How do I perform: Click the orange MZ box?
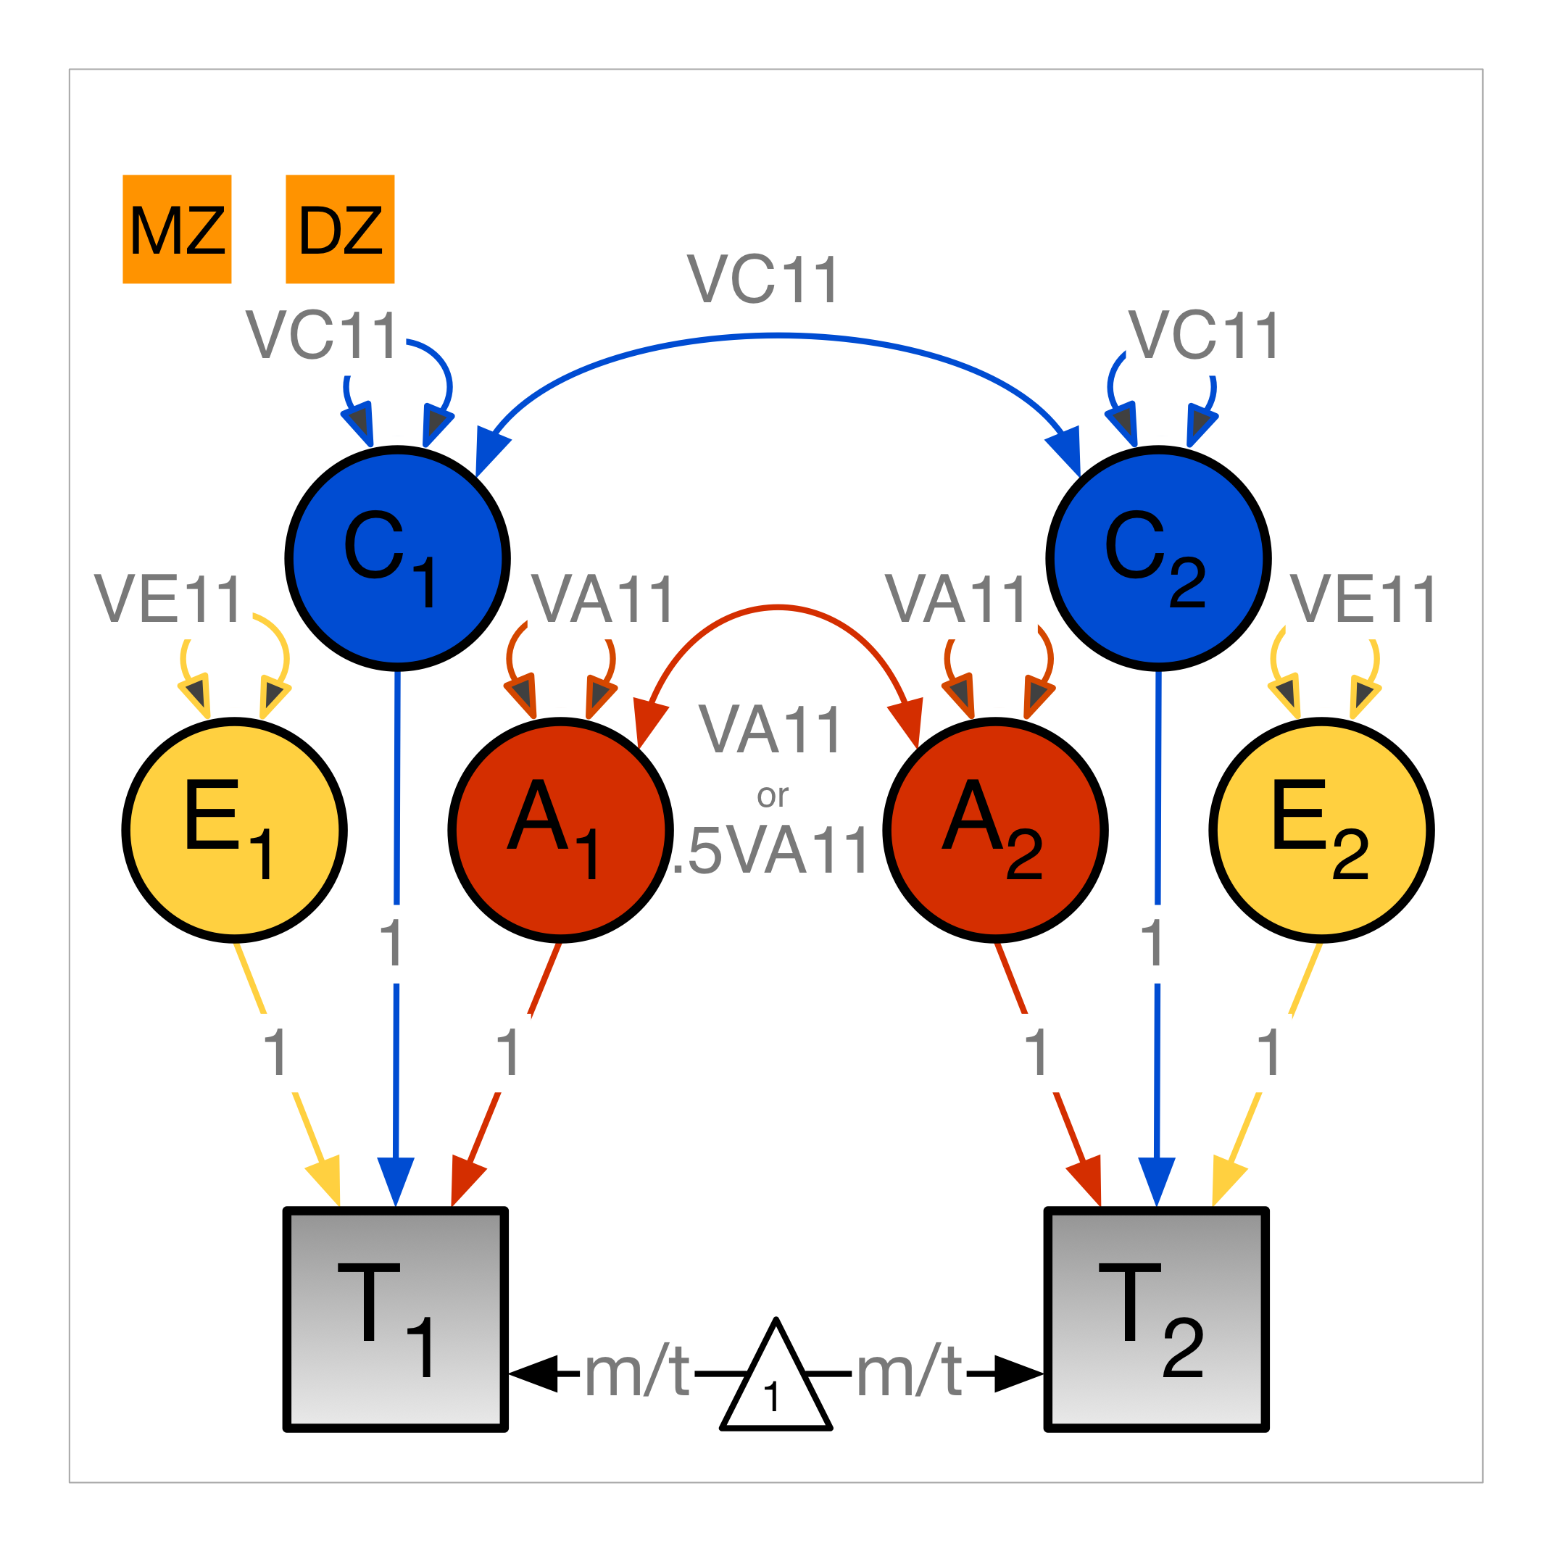177,229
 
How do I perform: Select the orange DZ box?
340,229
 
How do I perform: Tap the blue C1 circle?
398,558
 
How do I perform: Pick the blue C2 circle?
1158,558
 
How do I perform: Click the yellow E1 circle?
234,830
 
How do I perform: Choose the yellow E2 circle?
1321,830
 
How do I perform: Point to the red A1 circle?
560,830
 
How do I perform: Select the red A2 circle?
995,830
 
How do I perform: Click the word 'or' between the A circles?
772,795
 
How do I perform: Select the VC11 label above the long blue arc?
762,279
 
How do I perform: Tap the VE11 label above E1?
167,599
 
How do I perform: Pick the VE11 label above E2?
1363,599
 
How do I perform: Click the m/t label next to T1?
637,1373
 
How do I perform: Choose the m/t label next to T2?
909,1373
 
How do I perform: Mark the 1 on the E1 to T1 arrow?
276,1052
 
